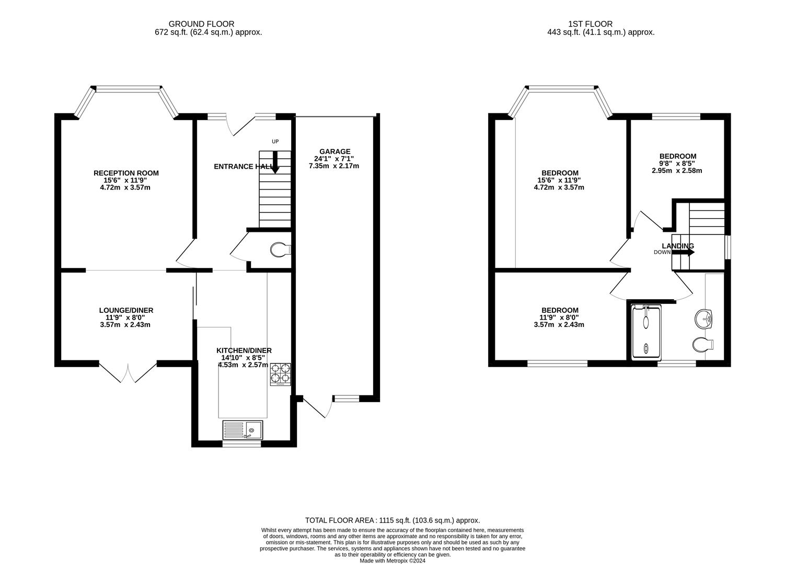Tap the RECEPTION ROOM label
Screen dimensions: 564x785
126,173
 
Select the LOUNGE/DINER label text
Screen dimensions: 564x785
126,310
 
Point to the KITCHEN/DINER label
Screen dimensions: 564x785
244,350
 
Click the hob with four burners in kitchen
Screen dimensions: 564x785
281,374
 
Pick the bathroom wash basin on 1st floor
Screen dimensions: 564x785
704,319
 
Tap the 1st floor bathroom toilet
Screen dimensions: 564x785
703,345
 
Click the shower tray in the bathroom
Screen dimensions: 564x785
647,332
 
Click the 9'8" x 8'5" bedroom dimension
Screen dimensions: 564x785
677,163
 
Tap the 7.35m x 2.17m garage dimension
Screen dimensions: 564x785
333,166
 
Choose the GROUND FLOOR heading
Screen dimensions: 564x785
201,23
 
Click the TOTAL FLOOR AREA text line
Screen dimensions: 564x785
392,520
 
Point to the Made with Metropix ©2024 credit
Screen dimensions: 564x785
392,561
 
